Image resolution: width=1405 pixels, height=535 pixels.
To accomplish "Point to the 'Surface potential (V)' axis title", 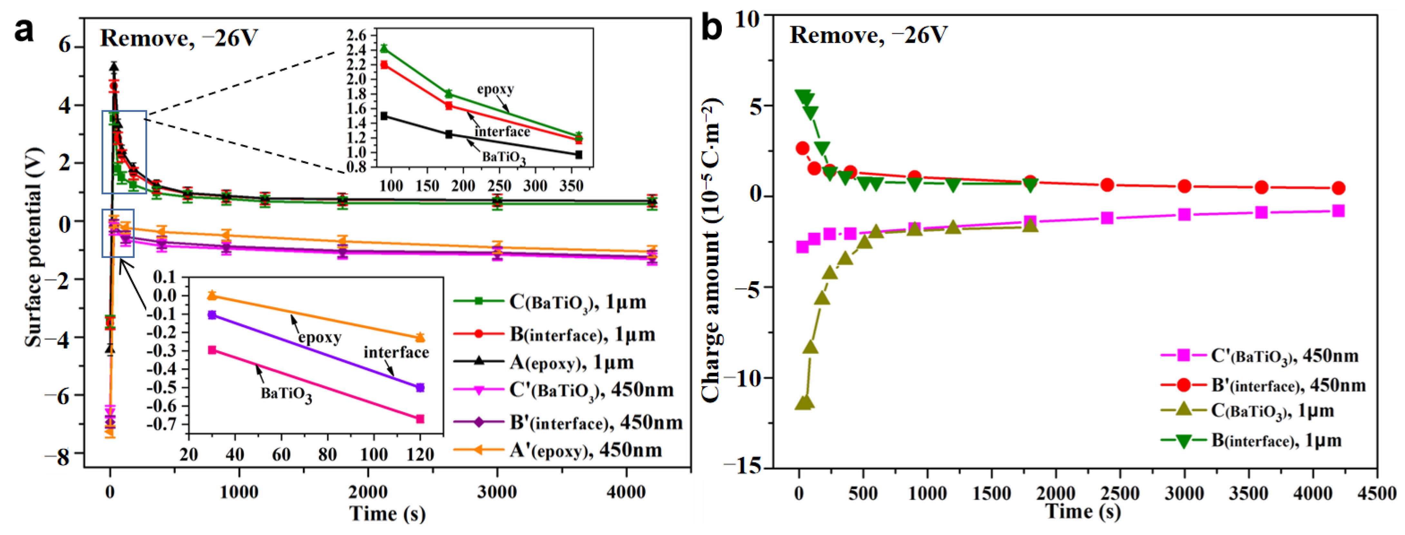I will [33, 247].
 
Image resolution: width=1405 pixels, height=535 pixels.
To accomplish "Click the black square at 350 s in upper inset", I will [579, 154].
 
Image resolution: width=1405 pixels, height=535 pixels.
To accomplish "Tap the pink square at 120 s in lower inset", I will [420, 419].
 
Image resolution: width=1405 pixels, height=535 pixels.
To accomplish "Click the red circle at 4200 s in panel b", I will [1338, 188].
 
